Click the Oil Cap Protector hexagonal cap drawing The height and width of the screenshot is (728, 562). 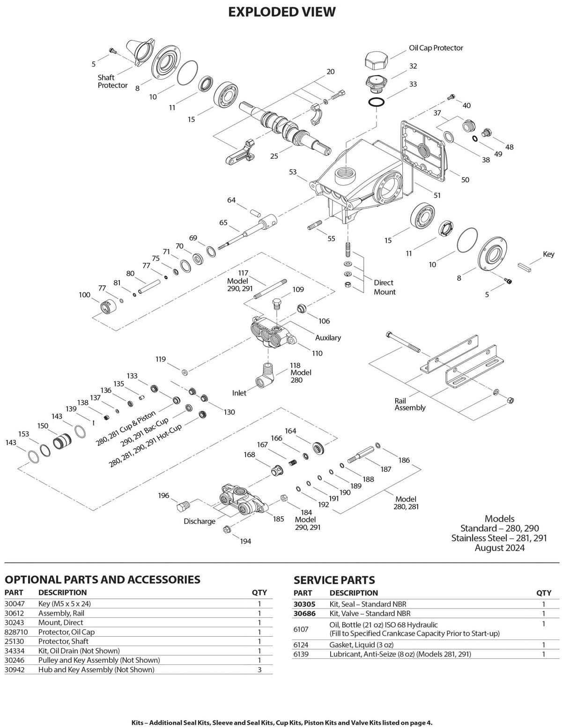pyautogui.click(x=376, y=60)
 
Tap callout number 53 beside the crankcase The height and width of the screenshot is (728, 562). pyautogui.click(x=293, y=172)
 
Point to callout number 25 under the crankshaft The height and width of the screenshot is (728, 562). pyautogui.click(x=274, y=156)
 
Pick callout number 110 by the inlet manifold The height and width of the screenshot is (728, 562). pyautogui.click(x=317, y=353)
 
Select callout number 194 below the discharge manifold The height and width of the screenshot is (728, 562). pyautogui.click(x=245, y=541)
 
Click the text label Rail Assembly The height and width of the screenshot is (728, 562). pyautogui.click(x=410, y=404)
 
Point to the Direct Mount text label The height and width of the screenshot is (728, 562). pyautogui.click(x=384, y=287)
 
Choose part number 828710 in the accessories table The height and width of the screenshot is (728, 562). pyautogui.click(x=16, y=632)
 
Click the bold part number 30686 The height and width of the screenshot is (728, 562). pyautogui.click(x=304, y=613)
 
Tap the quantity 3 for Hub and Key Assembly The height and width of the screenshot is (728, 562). pyautogui.click(x=259, y=669)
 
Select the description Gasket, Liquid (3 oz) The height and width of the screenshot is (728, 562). pyautogui.click(x=362, y=645)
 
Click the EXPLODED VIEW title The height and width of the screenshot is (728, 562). pyautogui.click(x=281, y=12)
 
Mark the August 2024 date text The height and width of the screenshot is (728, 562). pyautogui.click(x=499, y=548)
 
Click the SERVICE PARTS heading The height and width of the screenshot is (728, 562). pyautogui.click(x=334, y=580)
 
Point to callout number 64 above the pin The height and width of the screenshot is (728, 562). pyautogui.click(x=231, y=200)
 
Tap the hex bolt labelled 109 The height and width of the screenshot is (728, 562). pyautogui.click(x=277, y=303)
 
